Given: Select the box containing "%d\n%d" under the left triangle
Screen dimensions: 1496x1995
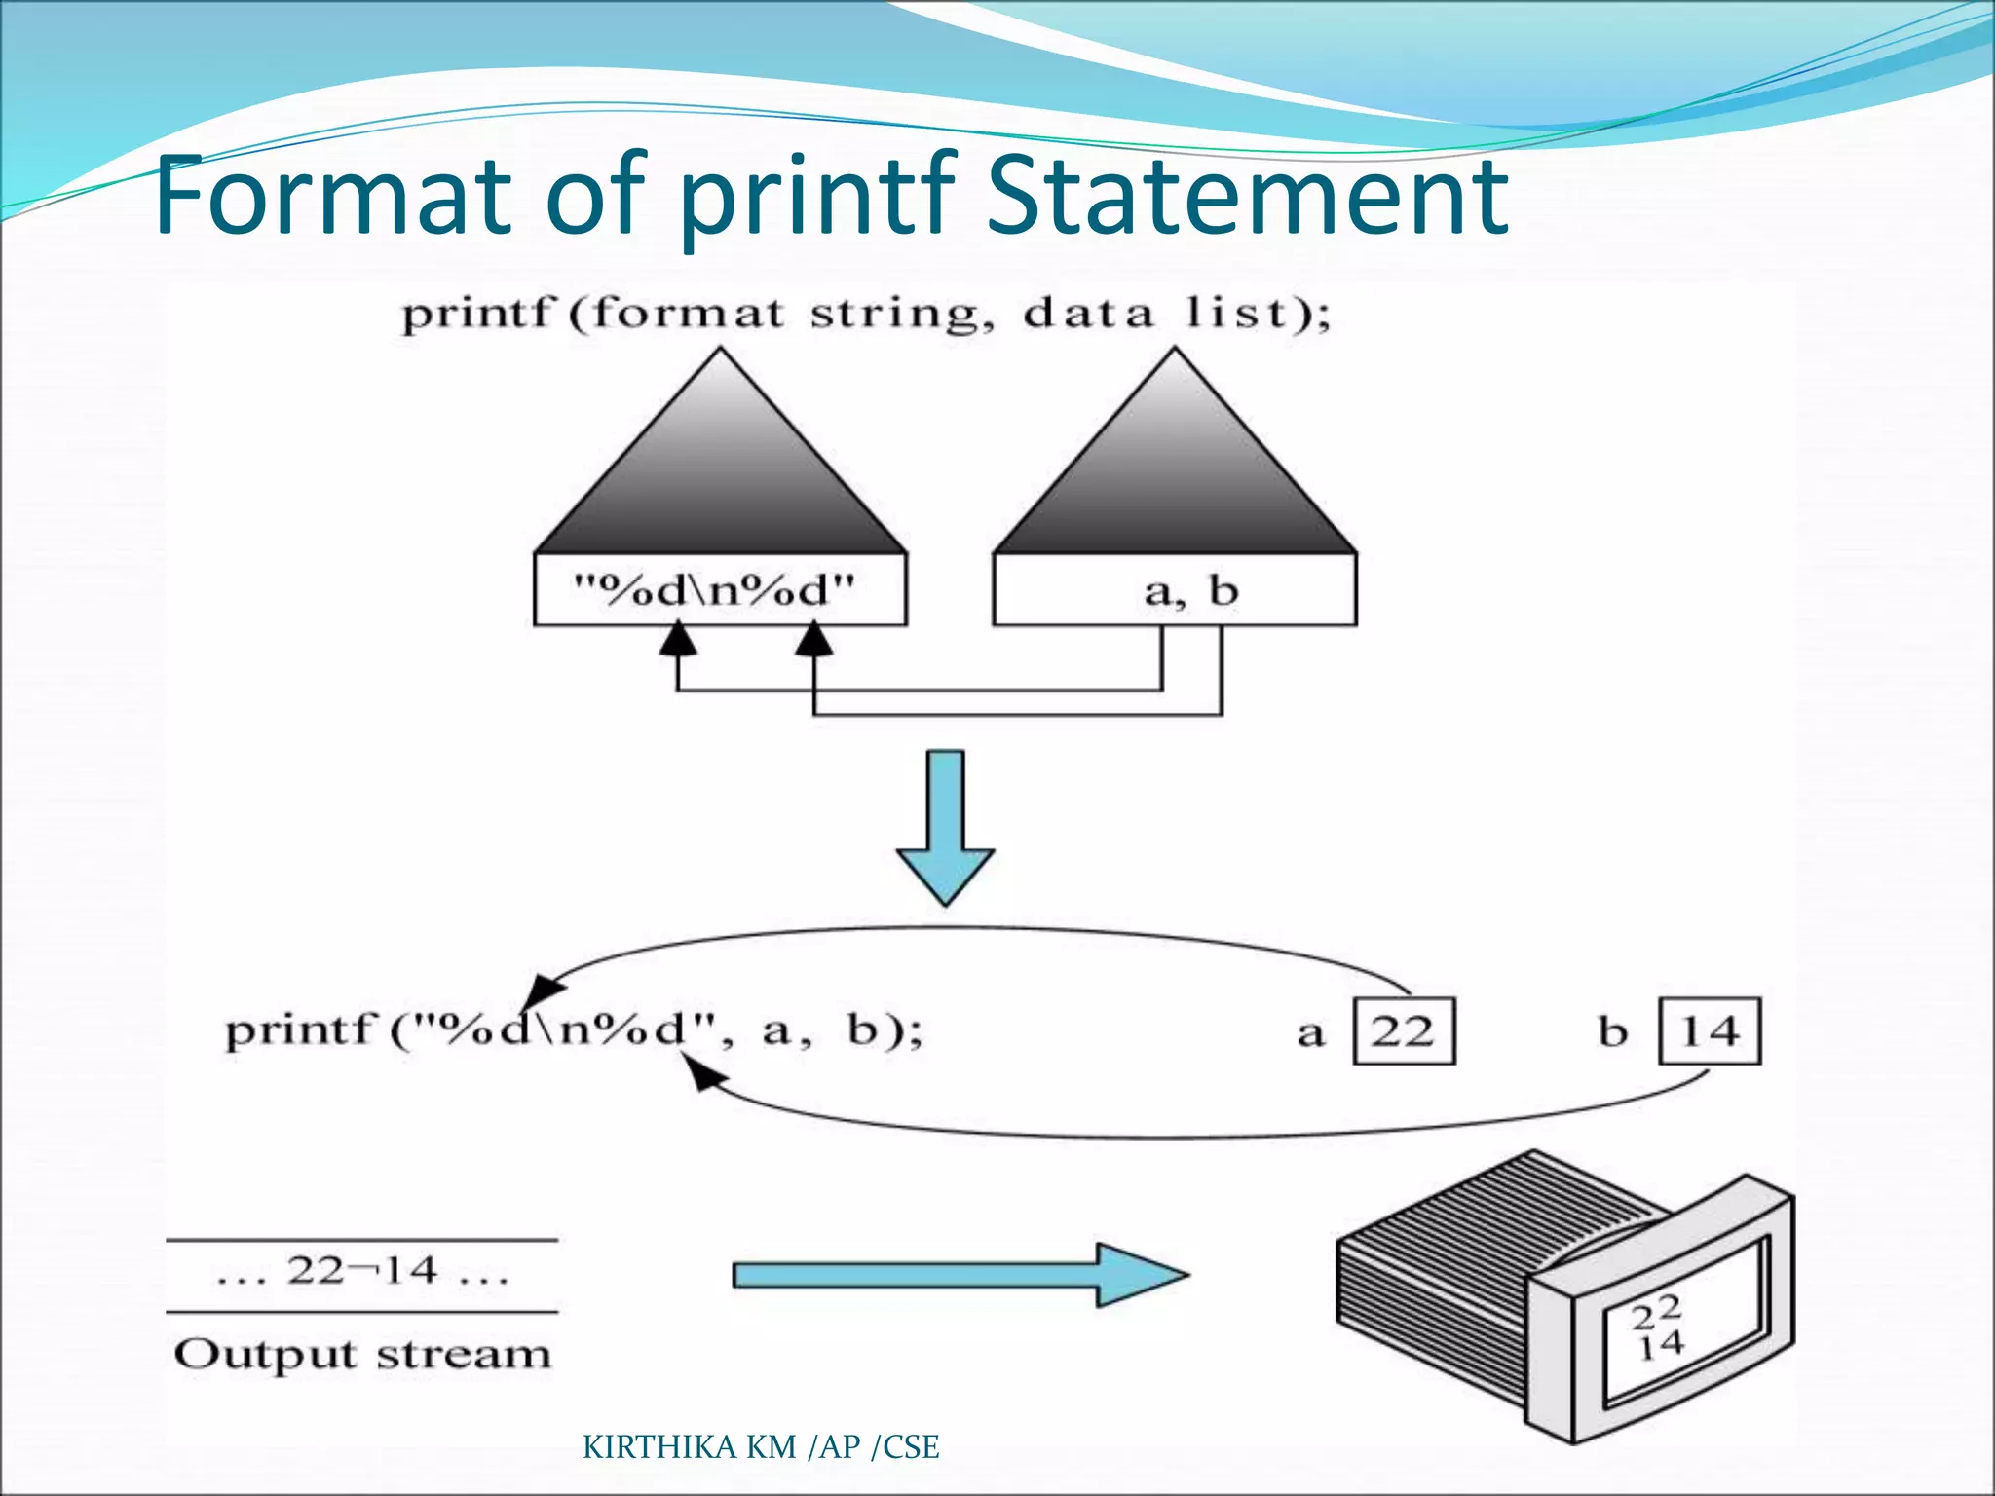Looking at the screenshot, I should tap(720, 590).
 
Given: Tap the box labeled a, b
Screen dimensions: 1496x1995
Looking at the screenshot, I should tap(1174, 590).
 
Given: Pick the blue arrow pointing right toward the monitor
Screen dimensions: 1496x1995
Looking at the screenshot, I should tap(960, 1274).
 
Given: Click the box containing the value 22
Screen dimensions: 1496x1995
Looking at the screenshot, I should tap(1404, 1030).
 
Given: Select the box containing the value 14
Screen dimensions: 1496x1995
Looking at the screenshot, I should tap(1710, 1030).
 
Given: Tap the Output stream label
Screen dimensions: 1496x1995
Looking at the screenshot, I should tap(362, 1354).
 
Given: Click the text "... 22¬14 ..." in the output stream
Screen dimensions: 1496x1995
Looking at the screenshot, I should tap(362, 1272).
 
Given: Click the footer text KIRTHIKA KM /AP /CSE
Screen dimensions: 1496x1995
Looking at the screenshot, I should tap(761, 1447).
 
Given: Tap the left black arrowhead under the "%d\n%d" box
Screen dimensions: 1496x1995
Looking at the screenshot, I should tap(678, 640).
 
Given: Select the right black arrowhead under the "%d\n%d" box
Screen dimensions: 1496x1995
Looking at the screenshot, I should tap(814, 640).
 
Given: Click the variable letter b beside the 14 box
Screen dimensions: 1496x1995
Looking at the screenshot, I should tap(1613, 1030).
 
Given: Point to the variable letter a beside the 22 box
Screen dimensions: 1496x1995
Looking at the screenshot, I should tap(1311, 1032).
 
